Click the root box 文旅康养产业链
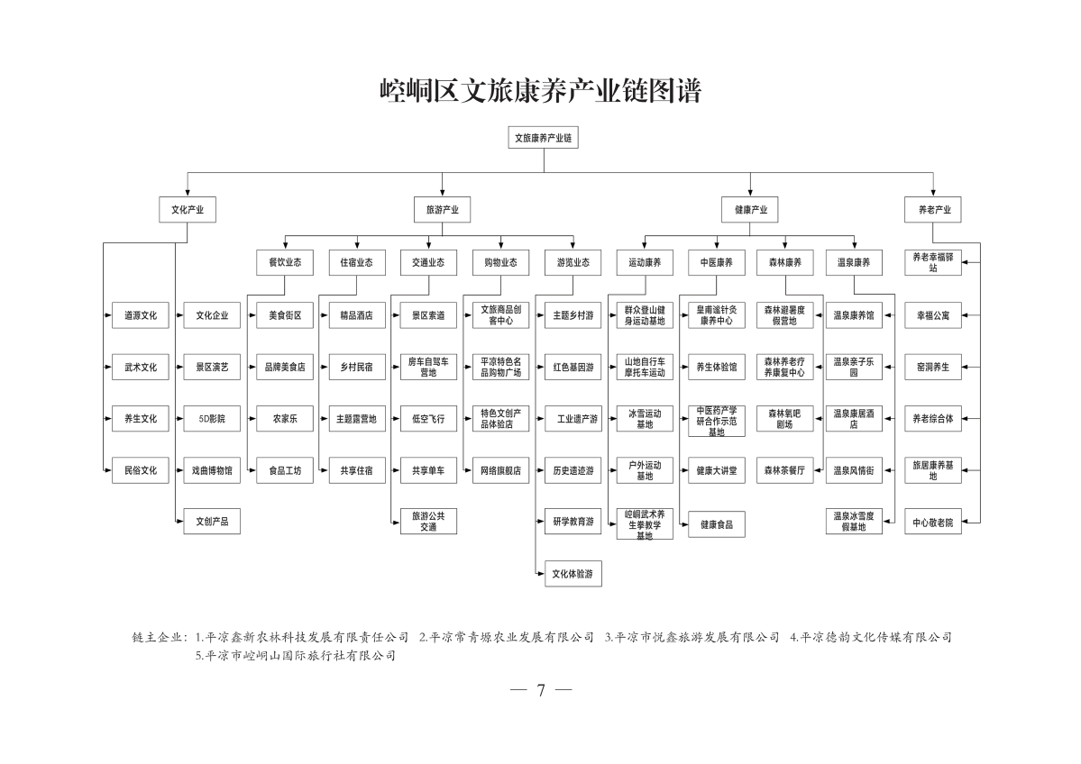point(544,138)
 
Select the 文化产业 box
point(188,209)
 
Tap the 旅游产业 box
point(442,209)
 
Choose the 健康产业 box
point(751,209)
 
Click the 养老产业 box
point(933,209)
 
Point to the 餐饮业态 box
point(285,262)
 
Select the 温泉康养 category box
point(854,262)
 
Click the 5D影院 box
point(212,419)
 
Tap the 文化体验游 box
point(573,574)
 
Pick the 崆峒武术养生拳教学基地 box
point(645,525)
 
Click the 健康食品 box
point(716,525)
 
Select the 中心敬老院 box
point(933,523)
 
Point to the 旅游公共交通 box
point(428,522)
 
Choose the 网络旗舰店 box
point(500,470)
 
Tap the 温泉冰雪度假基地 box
point(854,522)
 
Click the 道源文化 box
point(141,315)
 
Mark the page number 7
point(541,690)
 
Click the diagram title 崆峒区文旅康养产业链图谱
point(541,90)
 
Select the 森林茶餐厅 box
point(784,470)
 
